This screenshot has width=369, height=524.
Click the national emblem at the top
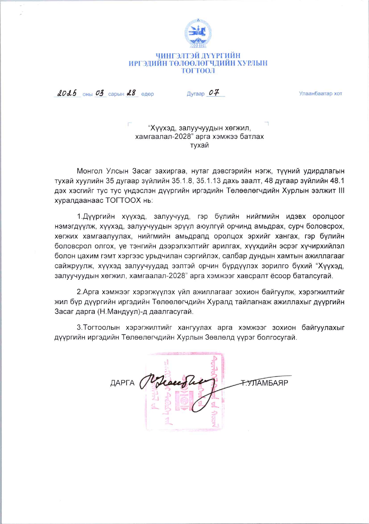click(198, 33)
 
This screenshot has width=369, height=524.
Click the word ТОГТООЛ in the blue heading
click(198, 71)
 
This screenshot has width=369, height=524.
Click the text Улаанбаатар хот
click(320, 94)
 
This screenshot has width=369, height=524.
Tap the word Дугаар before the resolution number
click(195, 94)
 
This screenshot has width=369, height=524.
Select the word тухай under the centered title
click(199, 145)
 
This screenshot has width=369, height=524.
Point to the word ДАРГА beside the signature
click(122, 383)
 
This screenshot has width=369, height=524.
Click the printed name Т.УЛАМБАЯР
click(264, 383)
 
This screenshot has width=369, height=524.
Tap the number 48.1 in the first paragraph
click(338, 181)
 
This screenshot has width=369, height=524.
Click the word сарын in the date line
click(116, 94)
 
